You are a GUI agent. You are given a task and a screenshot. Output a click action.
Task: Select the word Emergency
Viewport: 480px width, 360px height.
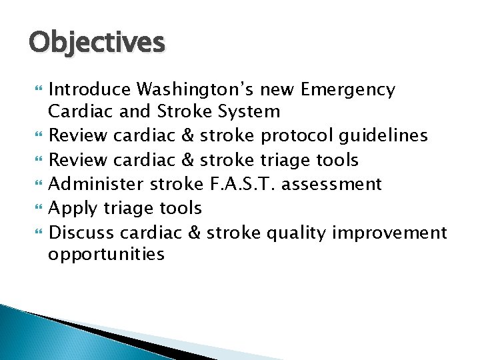347,89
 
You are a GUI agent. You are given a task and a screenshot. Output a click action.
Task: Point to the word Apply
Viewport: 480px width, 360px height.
74,208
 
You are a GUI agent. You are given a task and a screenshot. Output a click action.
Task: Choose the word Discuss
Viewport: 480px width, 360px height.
81,232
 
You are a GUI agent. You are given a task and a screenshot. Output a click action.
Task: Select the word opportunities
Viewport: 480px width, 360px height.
107,254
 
